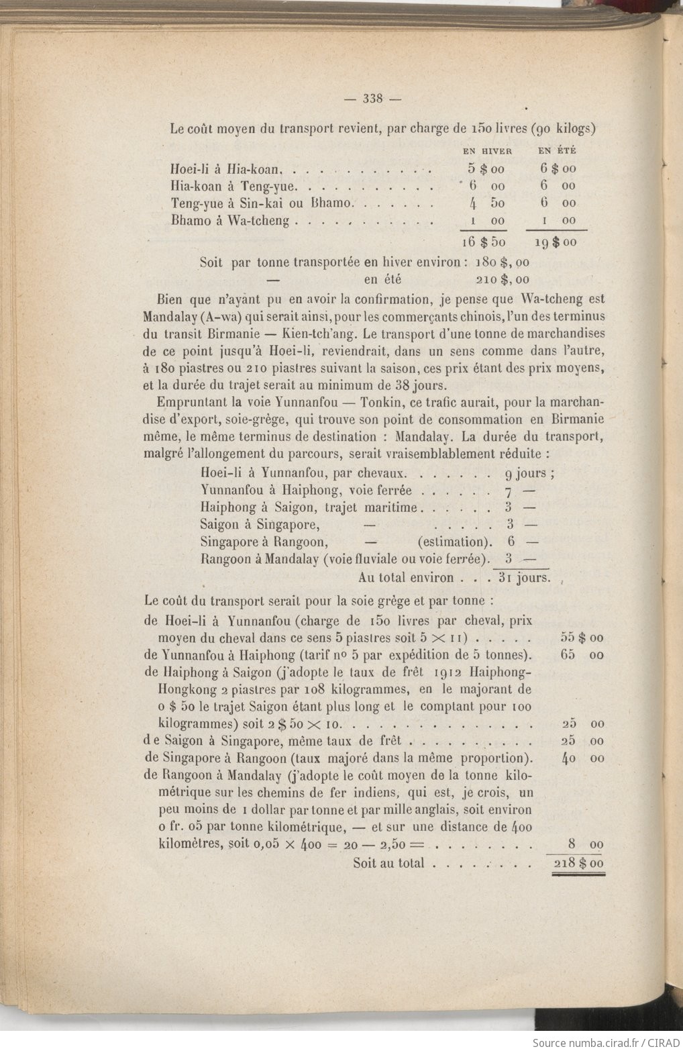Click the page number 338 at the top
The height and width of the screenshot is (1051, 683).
tap(372, 99)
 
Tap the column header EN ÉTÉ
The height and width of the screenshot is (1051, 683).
tap(557, 152)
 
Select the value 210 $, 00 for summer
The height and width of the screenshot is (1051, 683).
tap(502, 279)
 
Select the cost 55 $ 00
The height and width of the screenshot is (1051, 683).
tap(582, 638)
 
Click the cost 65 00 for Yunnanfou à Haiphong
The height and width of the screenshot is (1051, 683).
tap(582, 655)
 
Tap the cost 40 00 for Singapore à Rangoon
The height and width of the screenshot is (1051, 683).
tap(582, 758)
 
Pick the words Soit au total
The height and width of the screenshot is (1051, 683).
tap(388, 863)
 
